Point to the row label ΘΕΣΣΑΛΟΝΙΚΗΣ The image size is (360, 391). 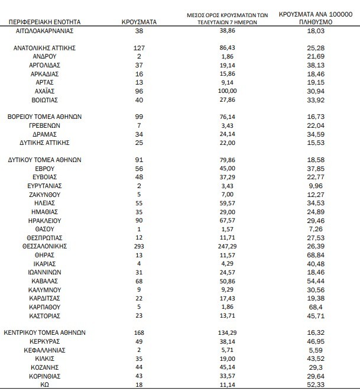[50, 245]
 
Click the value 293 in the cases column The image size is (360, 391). [139, 245]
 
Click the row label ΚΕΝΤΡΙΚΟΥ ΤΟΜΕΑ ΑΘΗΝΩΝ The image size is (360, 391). [50, 332]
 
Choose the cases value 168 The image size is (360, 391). [139, 332]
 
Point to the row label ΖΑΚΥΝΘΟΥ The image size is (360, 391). [50, 194]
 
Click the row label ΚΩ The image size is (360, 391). [50, 384]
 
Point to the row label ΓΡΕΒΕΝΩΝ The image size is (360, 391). [50, 125]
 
